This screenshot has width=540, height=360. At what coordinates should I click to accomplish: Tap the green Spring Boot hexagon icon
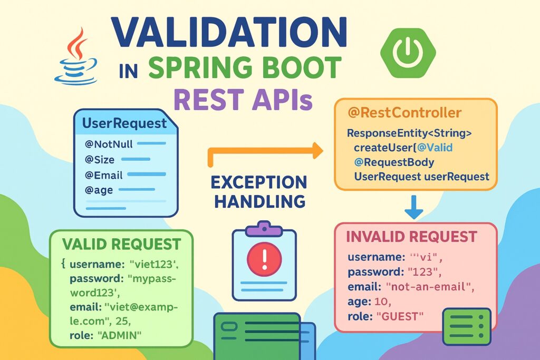[x=408, y=53]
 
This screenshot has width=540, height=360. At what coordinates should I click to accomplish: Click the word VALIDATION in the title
[x=229, y=32]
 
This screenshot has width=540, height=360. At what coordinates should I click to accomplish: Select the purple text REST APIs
[x=243, y=99]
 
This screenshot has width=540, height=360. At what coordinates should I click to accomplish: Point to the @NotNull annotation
[x=109, y=144]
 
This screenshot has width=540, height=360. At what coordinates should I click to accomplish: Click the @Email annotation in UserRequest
[x=104, y=175]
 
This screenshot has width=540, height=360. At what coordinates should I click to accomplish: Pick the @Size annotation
[x=100, y=160]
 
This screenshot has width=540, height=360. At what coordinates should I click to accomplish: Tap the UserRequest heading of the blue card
[x=124, y=123]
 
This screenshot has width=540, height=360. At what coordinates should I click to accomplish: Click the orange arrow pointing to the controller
[x=266, y=151]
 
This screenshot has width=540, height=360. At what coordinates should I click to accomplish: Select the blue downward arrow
[x=413, y=207]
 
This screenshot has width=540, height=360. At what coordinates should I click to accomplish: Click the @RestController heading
[x=404, y=113]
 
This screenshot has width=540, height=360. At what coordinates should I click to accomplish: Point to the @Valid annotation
[x=435, y=148]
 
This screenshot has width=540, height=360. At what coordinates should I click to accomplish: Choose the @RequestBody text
[x=394, y=162]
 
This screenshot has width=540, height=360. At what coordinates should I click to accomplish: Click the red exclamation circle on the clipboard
[x=265, y=258]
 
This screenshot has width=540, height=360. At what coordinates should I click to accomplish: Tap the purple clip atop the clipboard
[x=264, y=228]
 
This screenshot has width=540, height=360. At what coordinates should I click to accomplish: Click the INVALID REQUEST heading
[x=411, y=237]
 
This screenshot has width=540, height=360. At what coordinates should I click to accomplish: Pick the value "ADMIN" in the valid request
[x=120, y=335]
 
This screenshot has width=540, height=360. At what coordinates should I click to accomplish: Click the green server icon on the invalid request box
[x=467, y=326]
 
